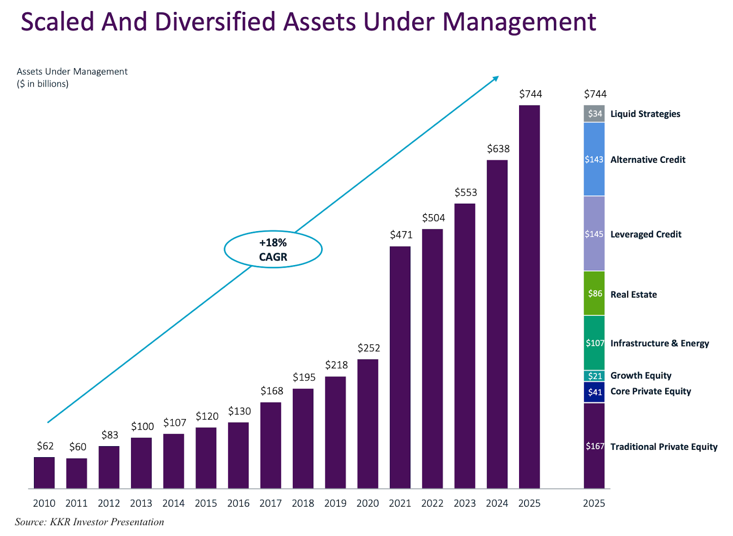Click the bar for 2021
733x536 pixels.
(400, 367)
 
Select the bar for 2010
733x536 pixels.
(44, 473)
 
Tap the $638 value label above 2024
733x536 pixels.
(498, 149)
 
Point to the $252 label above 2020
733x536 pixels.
(369, 348)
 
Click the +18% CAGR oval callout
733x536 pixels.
(273, 249)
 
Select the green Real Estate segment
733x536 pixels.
(594, 293)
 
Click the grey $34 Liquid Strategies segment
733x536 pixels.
(594, 114)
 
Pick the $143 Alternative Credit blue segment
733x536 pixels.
(594, 160)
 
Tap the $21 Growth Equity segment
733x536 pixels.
(594, 376)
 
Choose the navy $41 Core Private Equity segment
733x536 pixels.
(594, 392)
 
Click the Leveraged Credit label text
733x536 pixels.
(645, 234)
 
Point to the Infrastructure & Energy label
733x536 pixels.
(659, 343)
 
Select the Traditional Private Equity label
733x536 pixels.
(663, 447)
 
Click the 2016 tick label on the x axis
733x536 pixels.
(238, 503)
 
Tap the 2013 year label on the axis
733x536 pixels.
(141, 503)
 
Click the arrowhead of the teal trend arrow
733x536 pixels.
(496, 78)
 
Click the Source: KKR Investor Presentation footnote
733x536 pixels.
(89, 522)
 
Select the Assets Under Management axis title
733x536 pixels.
(72, 72)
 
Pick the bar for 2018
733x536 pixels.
(303, 438)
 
